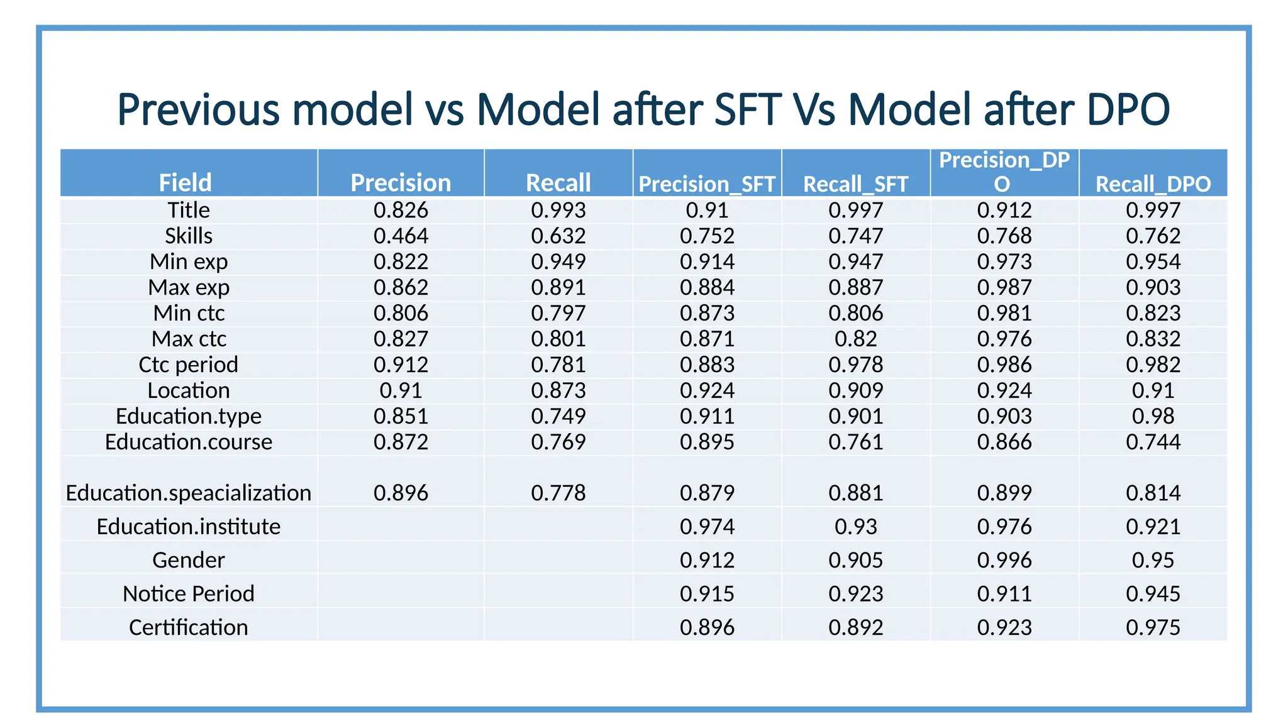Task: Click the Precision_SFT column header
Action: click(707, 184)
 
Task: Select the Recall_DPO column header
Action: click(1153, 184)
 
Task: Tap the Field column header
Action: click(185, 182)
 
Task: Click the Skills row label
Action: click(189, 236)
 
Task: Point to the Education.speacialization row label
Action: click(189, 493)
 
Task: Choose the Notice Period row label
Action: click(189, 593)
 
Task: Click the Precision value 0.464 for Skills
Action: click(401, 236)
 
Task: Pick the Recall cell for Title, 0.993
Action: click(558, 210)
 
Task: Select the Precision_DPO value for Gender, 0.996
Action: click(1004, 560)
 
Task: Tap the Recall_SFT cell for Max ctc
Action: click(855, 339)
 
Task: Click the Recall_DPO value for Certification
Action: click(1153, 627)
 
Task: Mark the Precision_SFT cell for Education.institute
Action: click(707, 526)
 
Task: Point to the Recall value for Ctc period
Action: click(558, 365)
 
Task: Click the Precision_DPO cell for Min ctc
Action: click(1004, 313)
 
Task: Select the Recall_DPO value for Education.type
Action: click(1153, 416)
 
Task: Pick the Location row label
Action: click(189, 390)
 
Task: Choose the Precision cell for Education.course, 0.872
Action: click(401, 442)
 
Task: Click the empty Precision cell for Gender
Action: click(401, 560)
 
